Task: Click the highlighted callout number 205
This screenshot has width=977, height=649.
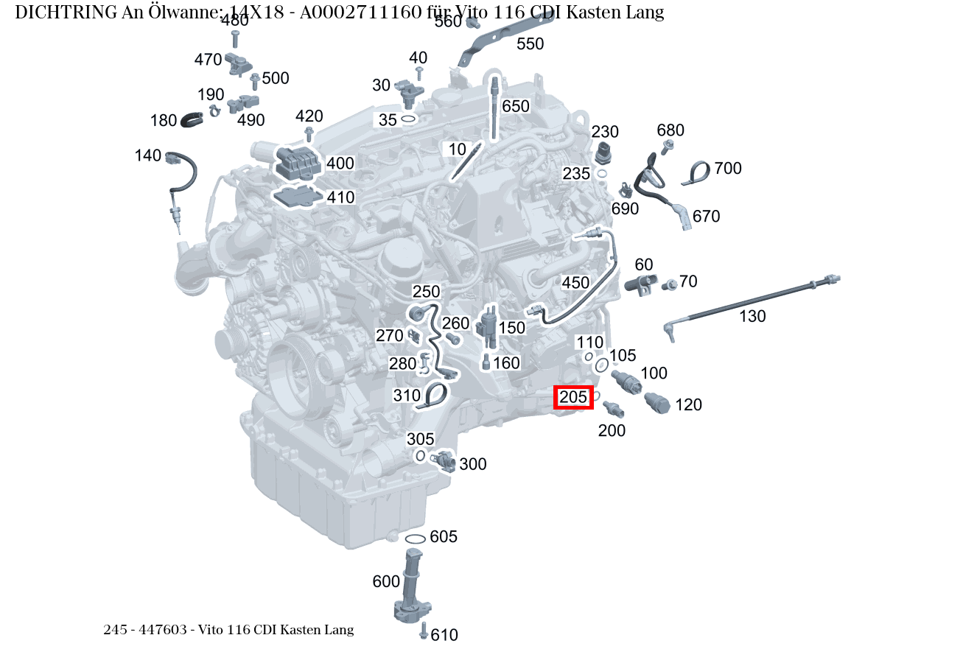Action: (573, 397)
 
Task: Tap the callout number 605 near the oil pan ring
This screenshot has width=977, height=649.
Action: (443, 536)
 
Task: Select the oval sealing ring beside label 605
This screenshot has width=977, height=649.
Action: (415, 539)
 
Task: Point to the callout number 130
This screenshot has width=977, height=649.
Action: (752, 316)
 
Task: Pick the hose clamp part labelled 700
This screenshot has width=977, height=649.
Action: (696, 173)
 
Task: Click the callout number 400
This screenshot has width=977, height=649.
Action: (340, 164)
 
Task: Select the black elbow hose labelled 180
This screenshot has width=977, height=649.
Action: (192, 119)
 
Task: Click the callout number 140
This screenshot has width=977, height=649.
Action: (148, 155)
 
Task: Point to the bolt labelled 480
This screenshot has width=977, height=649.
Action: (234, 39)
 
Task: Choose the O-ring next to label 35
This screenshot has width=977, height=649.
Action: (408, 119)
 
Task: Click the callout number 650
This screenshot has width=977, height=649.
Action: (515, 106)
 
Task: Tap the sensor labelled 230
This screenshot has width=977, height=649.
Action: (603, 152)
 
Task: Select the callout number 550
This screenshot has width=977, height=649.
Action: (530, 44)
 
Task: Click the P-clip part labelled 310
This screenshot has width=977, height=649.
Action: (433, 397)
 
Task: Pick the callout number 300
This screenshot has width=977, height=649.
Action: (473, 464)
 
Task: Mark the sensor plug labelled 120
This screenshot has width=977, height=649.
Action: (656, 403)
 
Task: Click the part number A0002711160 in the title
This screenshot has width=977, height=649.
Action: (361, 13)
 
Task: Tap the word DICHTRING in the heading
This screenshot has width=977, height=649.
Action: (66, 13)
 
